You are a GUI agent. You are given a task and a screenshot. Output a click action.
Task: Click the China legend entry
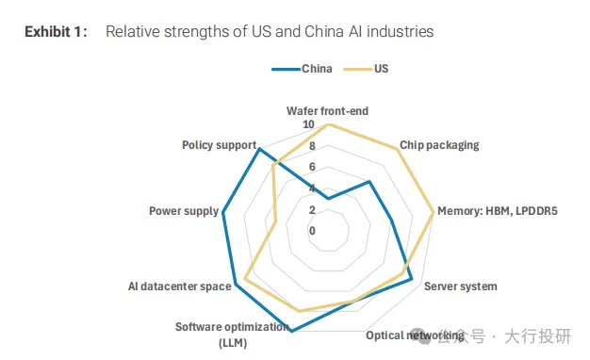[303, 69]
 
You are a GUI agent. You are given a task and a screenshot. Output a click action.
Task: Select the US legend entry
[366, 69]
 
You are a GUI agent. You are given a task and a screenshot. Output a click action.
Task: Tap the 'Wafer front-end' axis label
[327, 111]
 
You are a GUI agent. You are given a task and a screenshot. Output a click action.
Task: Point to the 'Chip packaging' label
[439, 145]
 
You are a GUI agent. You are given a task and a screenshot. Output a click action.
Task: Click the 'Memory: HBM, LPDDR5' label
[497, 211]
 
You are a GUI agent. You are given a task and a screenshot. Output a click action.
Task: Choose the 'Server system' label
[461, 286]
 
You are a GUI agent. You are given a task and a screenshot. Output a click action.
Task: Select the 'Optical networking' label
[415, 335]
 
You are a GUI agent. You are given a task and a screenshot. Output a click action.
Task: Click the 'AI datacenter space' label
[179, 286]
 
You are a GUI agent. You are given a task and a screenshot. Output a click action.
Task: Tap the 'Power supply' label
[184, 211]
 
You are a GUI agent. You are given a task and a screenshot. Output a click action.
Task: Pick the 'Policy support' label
[219, 145]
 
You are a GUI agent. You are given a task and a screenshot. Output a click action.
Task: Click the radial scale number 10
[308, 124]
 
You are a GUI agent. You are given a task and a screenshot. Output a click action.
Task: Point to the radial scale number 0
[312, 231]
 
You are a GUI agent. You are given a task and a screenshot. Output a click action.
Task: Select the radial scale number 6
[312, 167]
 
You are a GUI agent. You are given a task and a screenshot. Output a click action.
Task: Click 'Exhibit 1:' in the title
[56, 32]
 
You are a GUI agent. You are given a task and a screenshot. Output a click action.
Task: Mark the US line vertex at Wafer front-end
[328, 124]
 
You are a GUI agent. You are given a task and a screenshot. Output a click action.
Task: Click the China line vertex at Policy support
[259, 150]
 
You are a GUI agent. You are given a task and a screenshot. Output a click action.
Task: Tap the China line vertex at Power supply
[223, 213]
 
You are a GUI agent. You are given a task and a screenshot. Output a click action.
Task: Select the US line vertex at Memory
[434, 212]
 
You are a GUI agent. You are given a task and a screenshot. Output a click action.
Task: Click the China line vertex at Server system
[411, 279]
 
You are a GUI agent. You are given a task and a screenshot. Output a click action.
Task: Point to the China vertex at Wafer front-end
[328, 198]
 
